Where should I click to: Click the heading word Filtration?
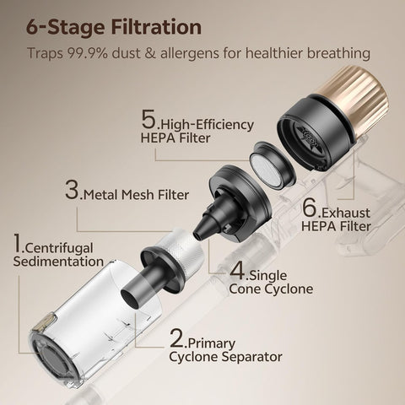[x=156, y=27]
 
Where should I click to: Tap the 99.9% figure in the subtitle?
[x=87, y=53]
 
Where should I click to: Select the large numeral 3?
[x=72, y=190]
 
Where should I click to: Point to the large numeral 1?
[x=18, y=243]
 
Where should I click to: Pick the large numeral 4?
[x=237, y=271]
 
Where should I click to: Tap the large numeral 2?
[x=176, y=338]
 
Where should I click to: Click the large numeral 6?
[x=310, y=208]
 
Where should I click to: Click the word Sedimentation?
[x=58, y=262]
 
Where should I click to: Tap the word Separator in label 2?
[x=251, y=357]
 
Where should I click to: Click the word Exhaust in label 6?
[x=346, y=213]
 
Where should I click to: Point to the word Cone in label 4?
[x=245, y=289]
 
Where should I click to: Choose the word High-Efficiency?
[x=207, y=125]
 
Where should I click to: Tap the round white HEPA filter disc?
[x=266, y=170]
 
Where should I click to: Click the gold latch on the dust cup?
[x=43, y=323]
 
